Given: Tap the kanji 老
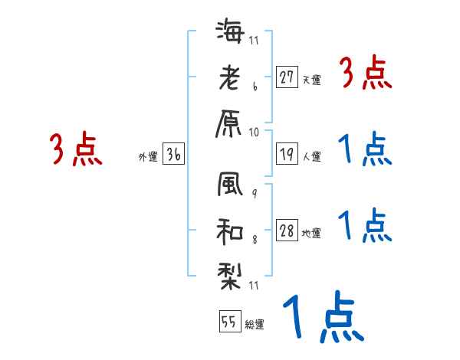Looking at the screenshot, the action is (x=231, y=77).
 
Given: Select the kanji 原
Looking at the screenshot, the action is (x=231, y=123).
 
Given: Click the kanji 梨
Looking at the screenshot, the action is (x=231, y=271).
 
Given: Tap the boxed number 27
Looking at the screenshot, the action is (x=287, y=77).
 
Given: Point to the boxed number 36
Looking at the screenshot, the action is (x=174, y=155).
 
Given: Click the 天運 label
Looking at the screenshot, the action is (x=312, y=80).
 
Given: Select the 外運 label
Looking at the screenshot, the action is (x=147, y=157).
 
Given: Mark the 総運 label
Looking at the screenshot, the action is (x=255, y=324).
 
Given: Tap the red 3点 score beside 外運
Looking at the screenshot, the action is (x=76, y=150).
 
